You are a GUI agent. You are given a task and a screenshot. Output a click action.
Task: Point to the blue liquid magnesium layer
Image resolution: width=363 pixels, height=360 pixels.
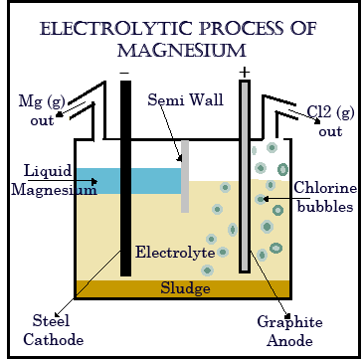pyautogui.click(x=99, y=181)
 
